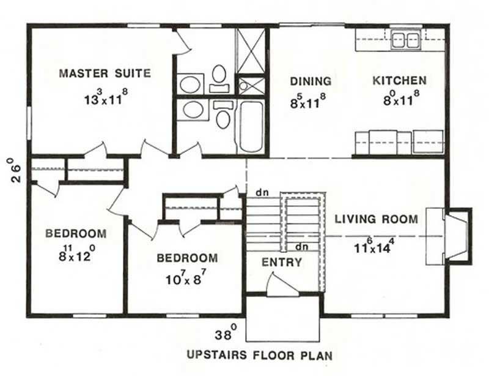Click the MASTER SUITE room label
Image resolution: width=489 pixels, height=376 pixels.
click(105, 73)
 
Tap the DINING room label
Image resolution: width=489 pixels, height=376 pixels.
click(311, 81)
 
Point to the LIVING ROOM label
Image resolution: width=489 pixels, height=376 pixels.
click(376, 219)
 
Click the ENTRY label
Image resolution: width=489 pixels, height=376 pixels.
click(282, 263)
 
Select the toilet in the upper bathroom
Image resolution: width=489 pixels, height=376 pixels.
click(219, 77)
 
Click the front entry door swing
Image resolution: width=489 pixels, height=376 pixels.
click(282, 285)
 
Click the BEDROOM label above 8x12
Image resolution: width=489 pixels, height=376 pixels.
click(76, 233)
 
